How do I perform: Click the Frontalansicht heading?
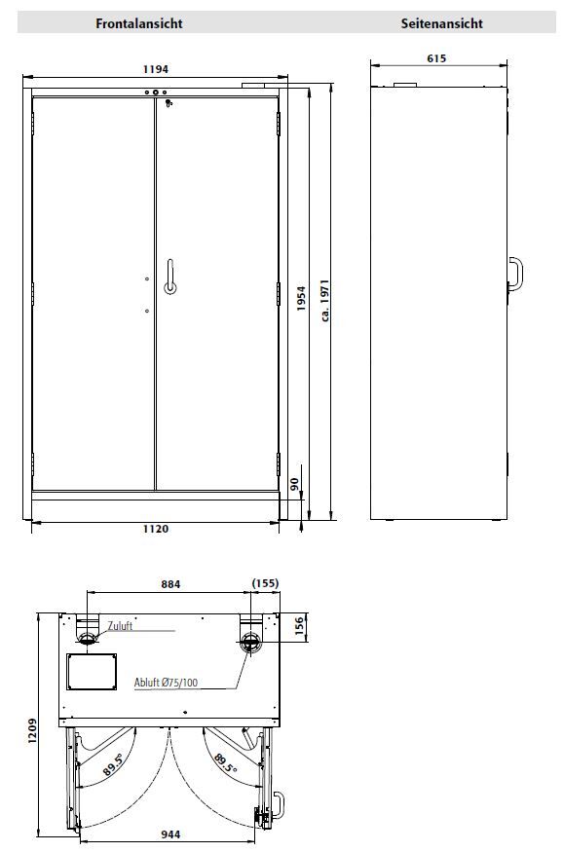[139, 23]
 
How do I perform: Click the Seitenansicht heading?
[442, 23]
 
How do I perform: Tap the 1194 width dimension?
[156, 69]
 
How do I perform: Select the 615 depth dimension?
[436, 58]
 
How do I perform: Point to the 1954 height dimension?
[301, 298]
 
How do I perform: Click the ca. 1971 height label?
[325, 301]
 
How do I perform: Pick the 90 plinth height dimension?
[294, 484]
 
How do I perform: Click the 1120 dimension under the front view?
[156, 529]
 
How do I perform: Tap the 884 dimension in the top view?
[170, 584]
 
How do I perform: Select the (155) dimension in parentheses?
[265, 583]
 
